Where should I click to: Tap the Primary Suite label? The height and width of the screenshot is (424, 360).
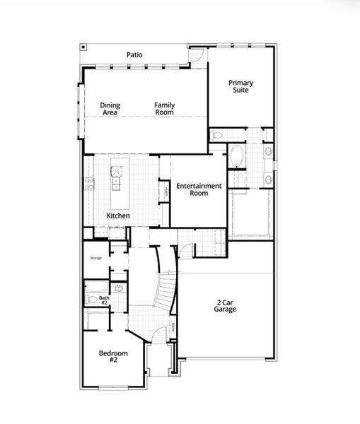(x=240, y=87)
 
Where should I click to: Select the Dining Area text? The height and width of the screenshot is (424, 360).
(x=110, y=109)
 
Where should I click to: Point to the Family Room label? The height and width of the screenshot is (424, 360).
(x=165, y=109)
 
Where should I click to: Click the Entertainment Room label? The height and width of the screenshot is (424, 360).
(x=199, y=189)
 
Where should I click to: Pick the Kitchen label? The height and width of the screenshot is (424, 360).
(x=118, y=215)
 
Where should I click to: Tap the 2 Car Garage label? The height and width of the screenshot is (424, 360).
(x=226, y=306)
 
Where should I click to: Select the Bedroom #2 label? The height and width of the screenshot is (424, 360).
(x=113, y=357)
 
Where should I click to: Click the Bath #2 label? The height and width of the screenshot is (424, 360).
(x=104, y=301)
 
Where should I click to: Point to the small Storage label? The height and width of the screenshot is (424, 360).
(x=95, y=258)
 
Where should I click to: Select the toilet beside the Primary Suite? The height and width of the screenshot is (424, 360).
(x=217, y=134)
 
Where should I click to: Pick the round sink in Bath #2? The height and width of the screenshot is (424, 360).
(x=118, y=288)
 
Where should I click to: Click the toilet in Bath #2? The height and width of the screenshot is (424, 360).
(x=91, y=300)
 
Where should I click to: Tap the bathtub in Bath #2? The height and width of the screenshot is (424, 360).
(x=95, y=286)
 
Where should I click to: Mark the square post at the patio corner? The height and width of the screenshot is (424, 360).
(x=83, y=47)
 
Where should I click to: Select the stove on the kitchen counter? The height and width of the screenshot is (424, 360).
(x=88, y=186)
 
